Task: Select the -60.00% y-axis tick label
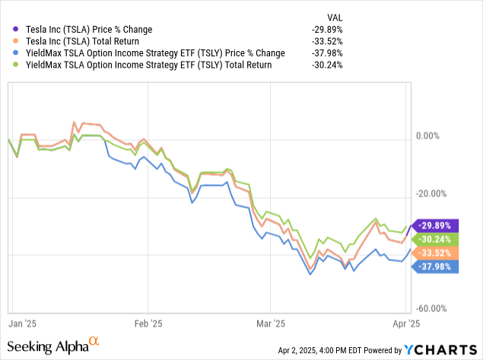[434, 308]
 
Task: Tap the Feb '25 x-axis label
[149, 322]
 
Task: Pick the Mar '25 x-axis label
[271, 322]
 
